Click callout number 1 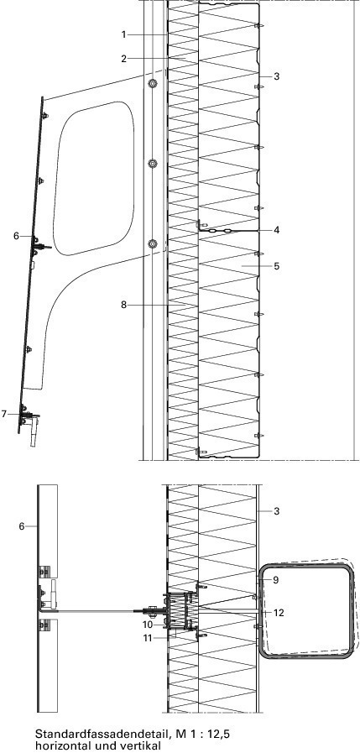[x=124, y=34]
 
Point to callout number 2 [x=124, y=59]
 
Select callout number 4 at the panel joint [x=276, y=230]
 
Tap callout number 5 [x=276, y=265]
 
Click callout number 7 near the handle [x=4, y=414]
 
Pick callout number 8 [x=124, y=305]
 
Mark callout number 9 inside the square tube [x=275, y=579]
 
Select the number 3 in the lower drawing [x=276, y=511]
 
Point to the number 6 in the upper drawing [x=16, y=236]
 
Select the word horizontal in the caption [x=56, y=745]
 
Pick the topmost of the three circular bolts [x=152, y=84]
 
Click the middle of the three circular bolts [x=152, y=165]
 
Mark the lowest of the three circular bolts [x=152, y=244]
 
